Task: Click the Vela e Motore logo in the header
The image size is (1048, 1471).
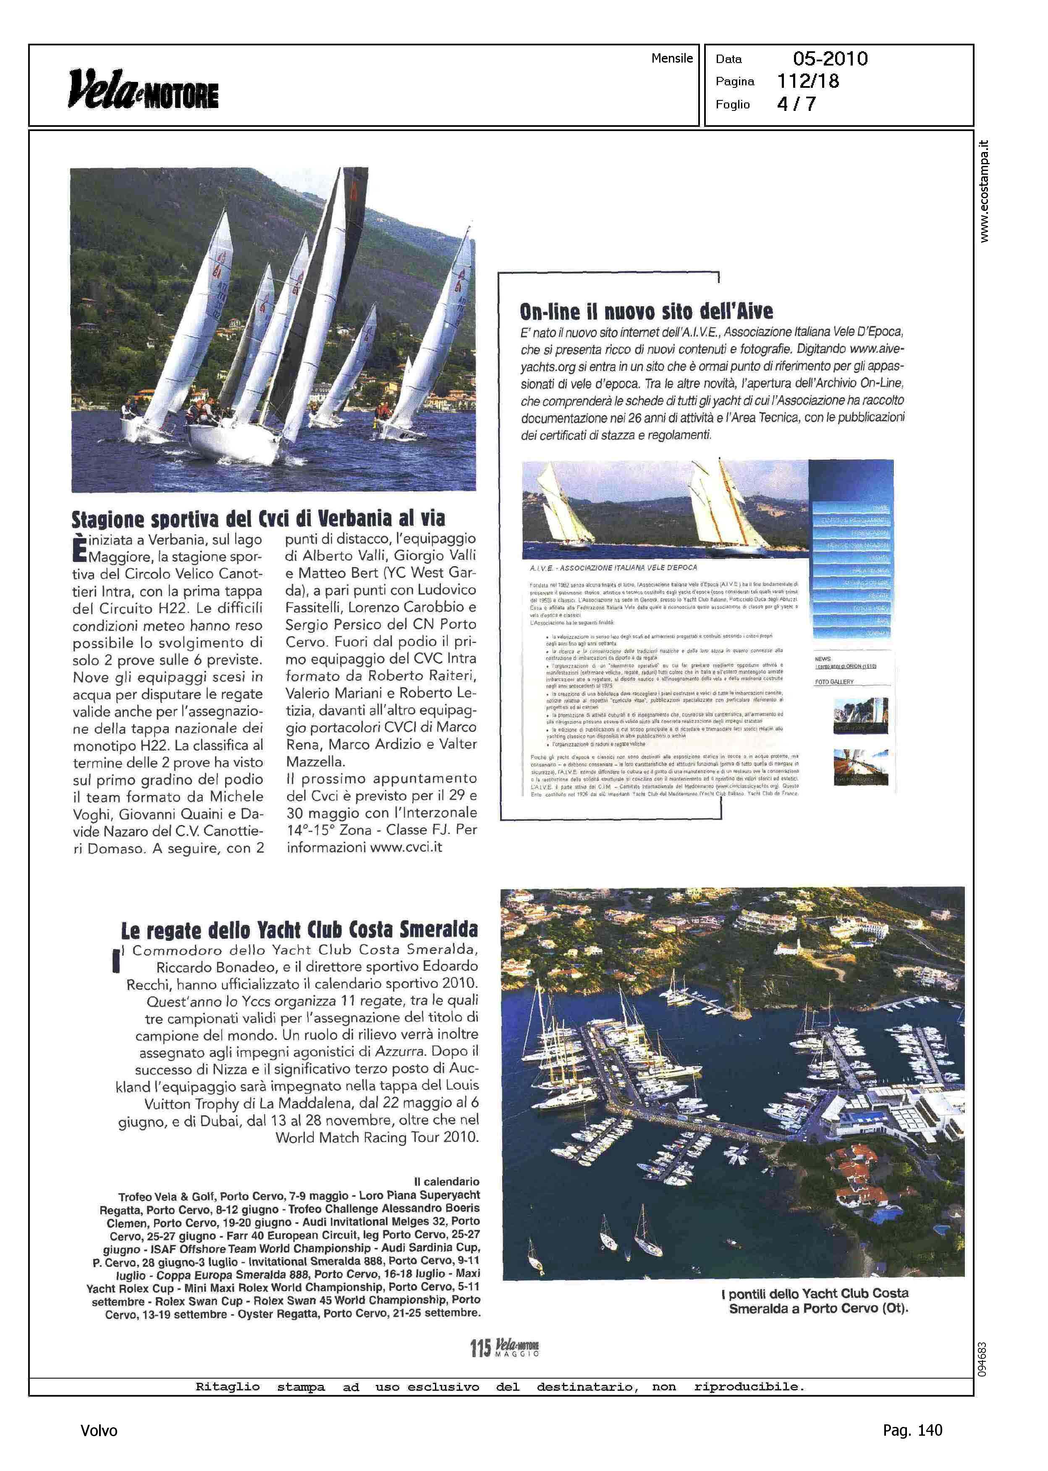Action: [143, 90]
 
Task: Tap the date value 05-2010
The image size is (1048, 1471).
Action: [830, 59]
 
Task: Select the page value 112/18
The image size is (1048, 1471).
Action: [808, 81]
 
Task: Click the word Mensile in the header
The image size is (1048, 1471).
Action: [672, 58]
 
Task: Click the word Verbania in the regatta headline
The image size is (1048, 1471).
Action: [356, 518]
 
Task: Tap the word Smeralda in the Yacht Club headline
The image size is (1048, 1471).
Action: [439, 930]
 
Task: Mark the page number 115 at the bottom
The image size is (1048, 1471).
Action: [480, 1348]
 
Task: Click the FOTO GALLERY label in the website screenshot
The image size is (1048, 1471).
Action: [834, 682]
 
